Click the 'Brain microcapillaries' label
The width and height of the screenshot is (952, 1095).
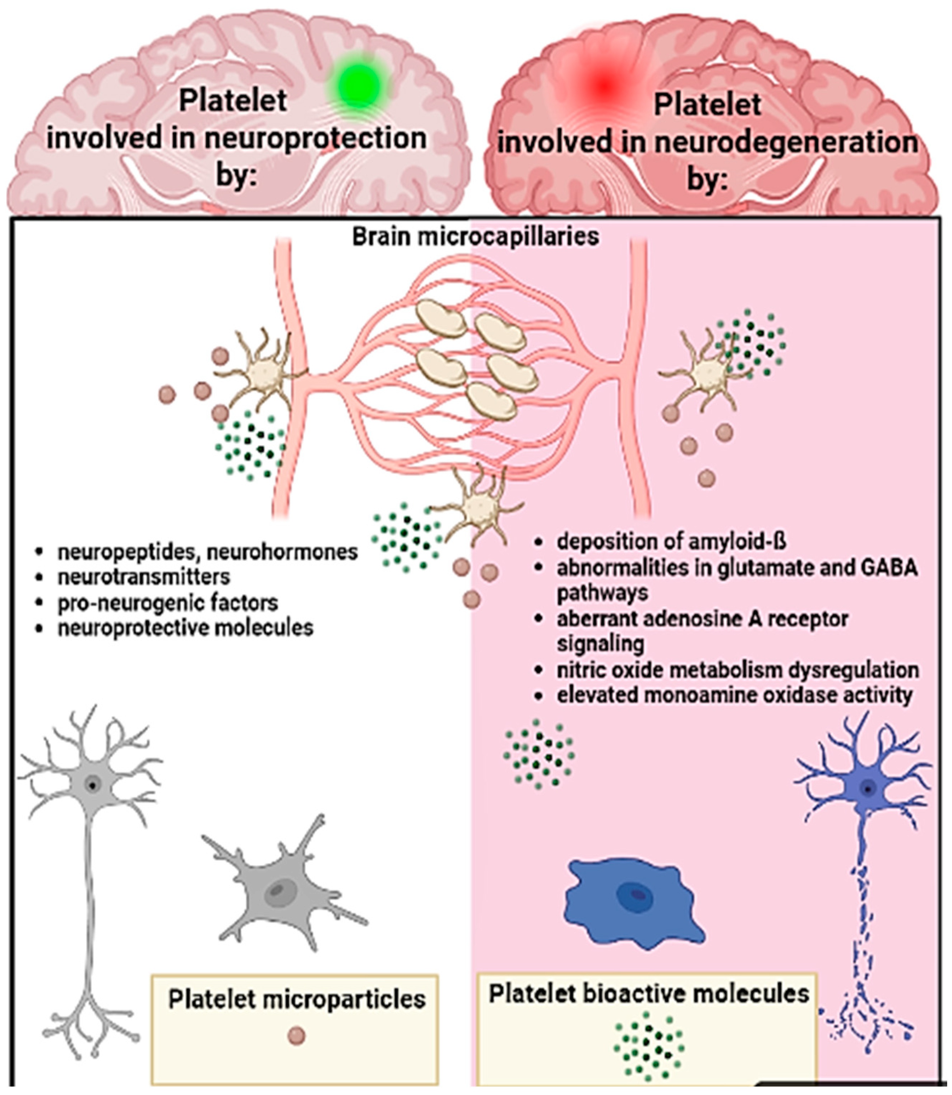click(476, 236)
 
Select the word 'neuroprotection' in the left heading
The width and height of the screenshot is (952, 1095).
click(315, 138)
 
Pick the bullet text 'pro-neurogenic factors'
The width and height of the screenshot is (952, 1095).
click(168, 602)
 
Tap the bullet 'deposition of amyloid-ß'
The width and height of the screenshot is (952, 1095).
click(671, 541)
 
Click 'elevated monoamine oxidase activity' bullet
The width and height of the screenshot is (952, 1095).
click(735, 695)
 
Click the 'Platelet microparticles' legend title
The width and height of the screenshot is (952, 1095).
click(297, 999)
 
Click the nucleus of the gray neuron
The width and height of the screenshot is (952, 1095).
click(93, 784)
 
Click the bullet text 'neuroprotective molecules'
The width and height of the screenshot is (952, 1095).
click(185, 628)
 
